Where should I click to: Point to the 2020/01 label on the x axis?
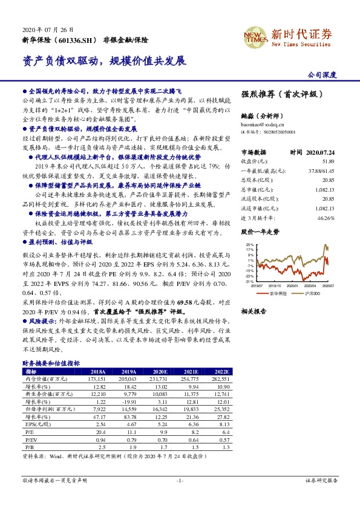[294, 287]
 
